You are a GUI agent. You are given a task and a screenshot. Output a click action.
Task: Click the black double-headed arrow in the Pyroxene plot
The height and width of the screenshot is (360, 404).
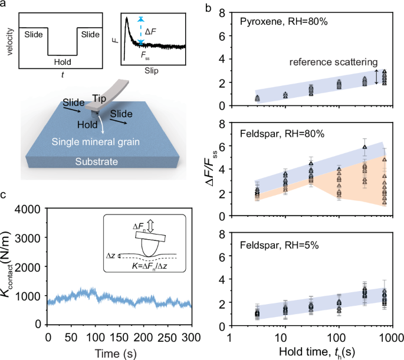[x=376, y=75]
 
